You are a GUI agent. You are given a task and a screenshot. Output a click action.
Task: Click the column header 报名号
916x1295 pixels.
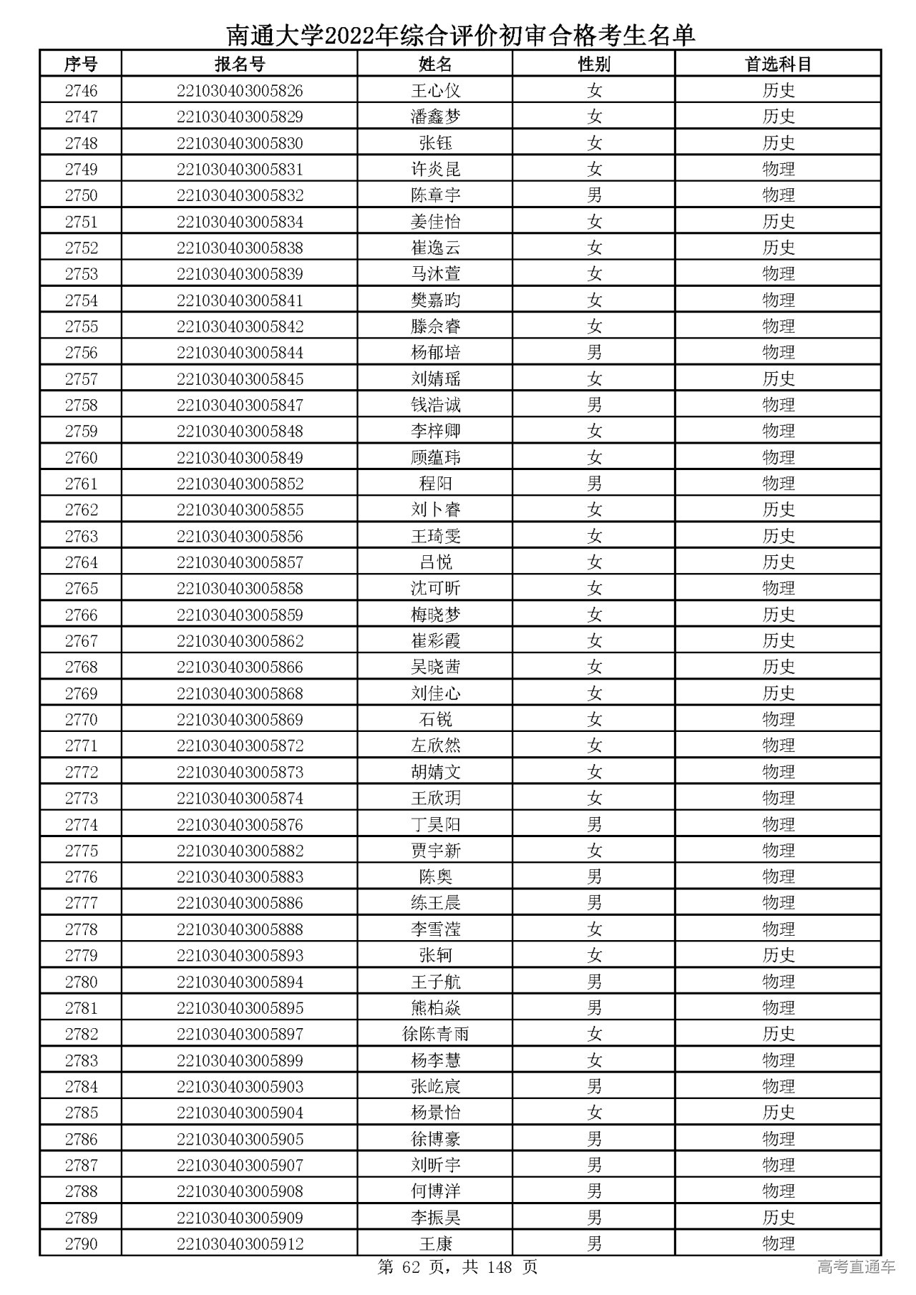coord(240,64)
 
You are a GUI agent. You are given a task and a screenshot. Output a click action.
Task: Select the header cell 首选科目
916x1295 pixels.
coord(778,64)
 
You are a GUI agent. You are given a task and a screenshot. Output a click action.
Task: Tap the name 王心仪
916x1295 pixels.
coord(435,91)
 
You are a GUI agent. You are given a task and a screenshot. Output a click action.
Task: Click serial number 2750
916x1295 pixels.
coord(81,195)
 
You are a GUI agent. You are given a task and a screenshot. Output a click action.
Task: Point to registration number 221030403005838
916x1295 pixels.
coord(240,248)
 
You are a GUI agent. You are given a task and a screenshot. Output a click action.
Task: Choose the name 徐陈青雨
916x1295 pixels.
coord(435,1034)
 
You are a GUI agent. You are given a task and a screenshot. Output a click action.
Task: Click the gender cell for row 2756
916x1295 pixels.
coord(594,353)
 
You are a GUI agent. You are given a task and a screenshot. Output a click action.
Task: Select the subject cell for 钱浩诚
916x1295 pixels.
coord(778,405)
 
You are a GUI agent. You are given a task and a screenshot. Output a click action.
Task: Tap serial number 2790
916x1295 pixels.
coord(81,1243)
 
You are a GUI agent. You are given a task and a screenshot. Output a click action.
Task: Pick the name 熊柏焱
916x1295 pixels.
coord(435,1008)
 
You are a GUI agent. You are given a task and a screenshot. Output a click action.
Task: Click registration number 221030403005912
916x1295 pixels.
coord(240,1243)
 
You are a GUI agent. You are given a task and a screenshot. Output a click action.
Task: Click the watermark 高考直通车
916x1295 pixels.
coord(856,1268)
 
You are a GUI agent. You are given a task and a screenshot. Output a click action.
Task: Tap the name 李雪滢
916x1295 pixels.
coord(435,929)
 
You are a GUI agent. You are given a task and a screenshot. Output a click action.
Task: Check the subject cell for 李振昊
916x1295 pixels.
coord(778,1218)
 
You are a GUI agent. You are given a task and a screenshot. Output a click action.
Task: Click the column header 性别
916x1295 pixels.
coord(594,64)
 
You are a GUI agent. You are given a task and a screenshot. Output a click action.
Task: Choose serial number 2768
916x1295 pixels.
coord(81,667)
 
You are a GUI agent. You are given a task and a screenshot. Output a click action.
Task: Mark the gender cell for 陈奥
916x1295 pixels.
coord(594,876)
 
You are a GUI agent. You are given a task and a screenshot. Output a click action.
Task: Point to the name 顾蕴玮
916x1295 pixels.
coord(435,457)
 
